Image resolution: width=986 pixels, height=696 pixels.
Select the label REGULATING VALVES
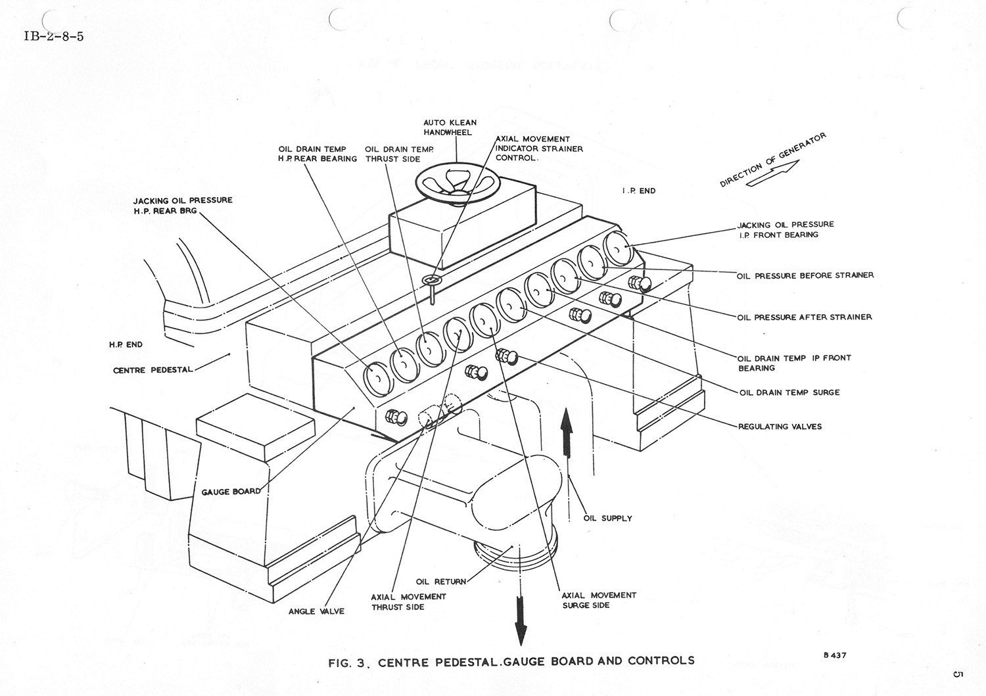click(780, 427)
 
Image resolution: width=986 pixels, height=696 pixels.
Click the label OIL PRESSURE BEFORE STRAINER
click(805, 275)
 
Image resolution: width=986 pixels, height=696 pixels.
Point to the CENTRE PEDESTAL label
click(153, 370)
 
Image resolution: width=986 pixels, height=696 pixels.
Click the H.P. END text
click(126, 344)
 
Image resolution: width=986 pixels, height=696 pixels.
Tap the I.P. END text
click(639, 191)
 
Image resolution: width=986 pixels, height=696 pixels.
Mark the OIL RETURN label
click(441, 582)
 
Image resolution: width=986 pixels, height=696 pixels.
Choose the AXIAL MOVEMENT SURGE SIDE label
click(598, 600)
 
